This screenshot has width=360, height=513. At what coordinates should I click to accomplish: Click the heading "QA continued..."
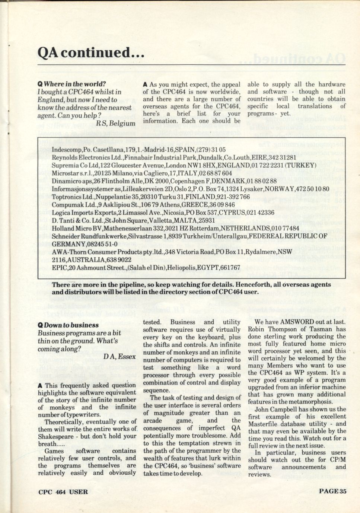(91, 53)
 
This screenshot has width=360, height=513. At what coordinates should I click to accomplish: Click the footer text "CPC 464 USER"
(63, 491)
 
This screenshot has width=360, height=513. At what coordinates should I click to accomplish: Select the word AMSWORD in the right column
(297, 322)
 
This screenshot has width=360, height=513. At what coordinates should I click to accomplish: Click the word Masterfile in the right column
(264, 424)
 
